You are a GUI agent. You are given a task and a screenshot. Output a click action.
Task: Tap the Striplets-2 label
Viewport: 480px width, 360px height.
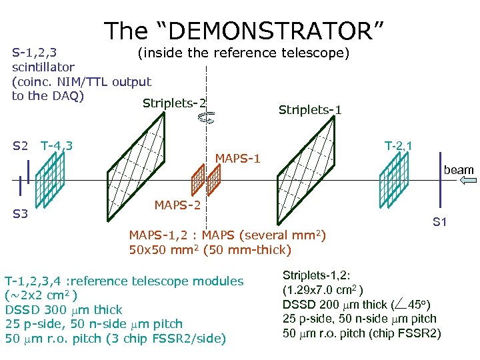click(174, 103)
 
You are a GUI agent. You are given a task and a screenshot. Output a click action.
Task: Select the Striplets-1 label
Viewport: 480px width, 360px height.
click(310, 109)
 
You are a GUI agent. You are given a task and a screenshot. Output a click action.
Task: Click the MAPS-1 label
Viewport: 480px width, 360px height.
click(237, 159)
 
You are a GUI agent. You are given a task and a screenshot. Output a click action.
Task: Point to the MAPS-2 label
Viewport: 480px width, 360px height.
click(177, 204)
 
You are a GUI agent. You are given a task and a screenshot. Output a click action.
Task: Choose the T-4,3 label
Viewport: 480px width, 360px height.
click(57, 145)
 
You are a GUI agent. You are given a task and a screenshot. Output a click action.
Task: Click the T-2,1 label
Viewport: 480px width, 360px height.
click(399, 145)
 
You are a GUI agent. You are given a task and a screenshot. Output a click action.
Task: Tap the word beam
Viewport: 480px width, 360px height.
click(459, 170)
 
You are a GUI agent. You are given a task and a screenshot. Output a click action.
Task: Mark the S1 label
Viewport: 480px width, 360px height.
click(440, 221)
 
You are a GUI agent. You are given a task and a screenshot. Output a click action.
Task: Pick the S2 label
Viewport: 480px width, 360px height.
click(21, 145)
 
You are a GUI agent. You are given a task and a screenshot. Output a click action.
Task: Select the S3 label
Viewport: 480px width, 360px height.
click(21, 214)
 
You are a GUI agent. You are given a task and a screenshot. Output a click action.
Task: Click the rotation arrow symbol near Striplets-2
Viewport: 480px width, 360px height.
click(207, 118)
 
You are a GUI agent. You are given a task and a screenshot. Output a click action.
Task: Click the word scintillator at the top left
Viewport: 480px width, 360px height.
click(43, 67)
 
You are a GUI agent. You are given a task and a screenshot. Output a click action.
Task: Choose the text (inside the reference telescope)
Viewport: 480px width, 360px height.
click(243, 52)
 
